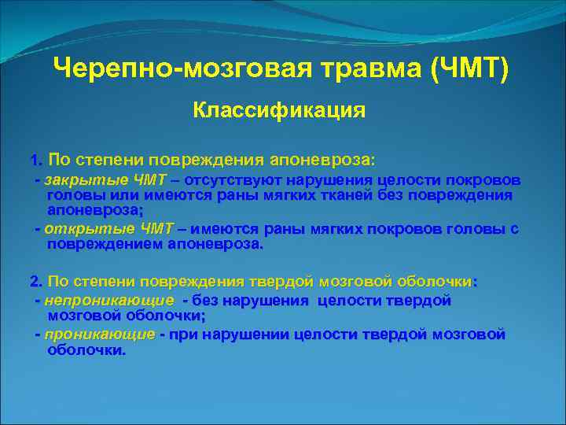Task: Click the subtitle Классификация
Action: click(279, 109)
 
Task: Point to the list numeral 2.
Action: click(34, 281)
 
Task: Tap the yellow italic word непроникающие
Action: click(109, 301)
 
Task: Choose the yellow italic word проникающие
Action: click(100, 334)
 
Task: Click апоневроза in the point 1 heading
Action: click(322, 160)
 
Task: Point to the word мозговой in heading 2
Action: click(353, 281)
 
